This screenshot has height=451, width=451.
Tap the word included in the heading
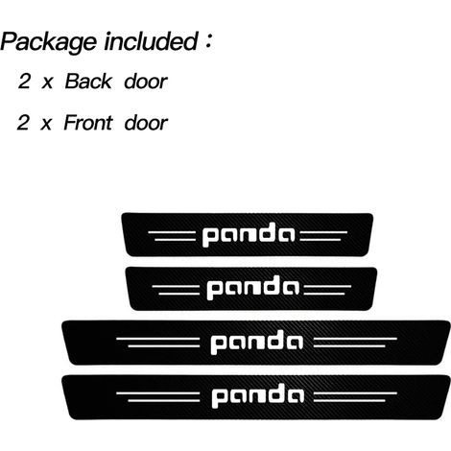152,41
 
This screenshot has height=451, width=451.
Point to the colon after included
208,41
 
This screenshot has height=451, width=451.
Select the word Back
88,82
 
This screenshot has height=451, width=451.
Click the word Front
88,123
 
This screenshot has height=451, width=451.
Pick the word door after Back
146,82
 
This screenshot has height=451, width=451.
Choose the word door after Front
146,123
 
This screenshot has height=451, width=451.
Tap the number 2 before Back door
24,82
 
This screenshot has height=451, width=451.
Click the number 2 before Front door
23,123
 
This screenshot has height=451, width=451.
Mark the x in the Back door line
47,83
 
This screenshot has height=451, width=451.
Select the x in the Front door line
46,125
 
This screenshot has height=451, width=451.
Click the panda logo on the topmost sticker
249,235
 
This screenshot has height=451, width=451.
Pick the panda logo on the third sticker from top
257,343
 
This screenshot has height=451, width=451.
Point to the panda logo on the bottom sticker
258,396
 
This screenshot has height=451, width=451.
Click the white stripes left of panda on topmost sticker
172,236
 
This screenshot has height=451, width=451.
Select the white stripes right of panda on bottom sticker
355,397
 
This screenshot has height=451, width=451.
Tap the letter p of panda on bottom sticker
219,399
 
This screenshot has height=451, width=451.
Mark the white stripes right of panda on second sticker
327,290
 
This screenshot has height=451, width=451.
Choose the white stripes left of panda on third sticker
158,343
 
